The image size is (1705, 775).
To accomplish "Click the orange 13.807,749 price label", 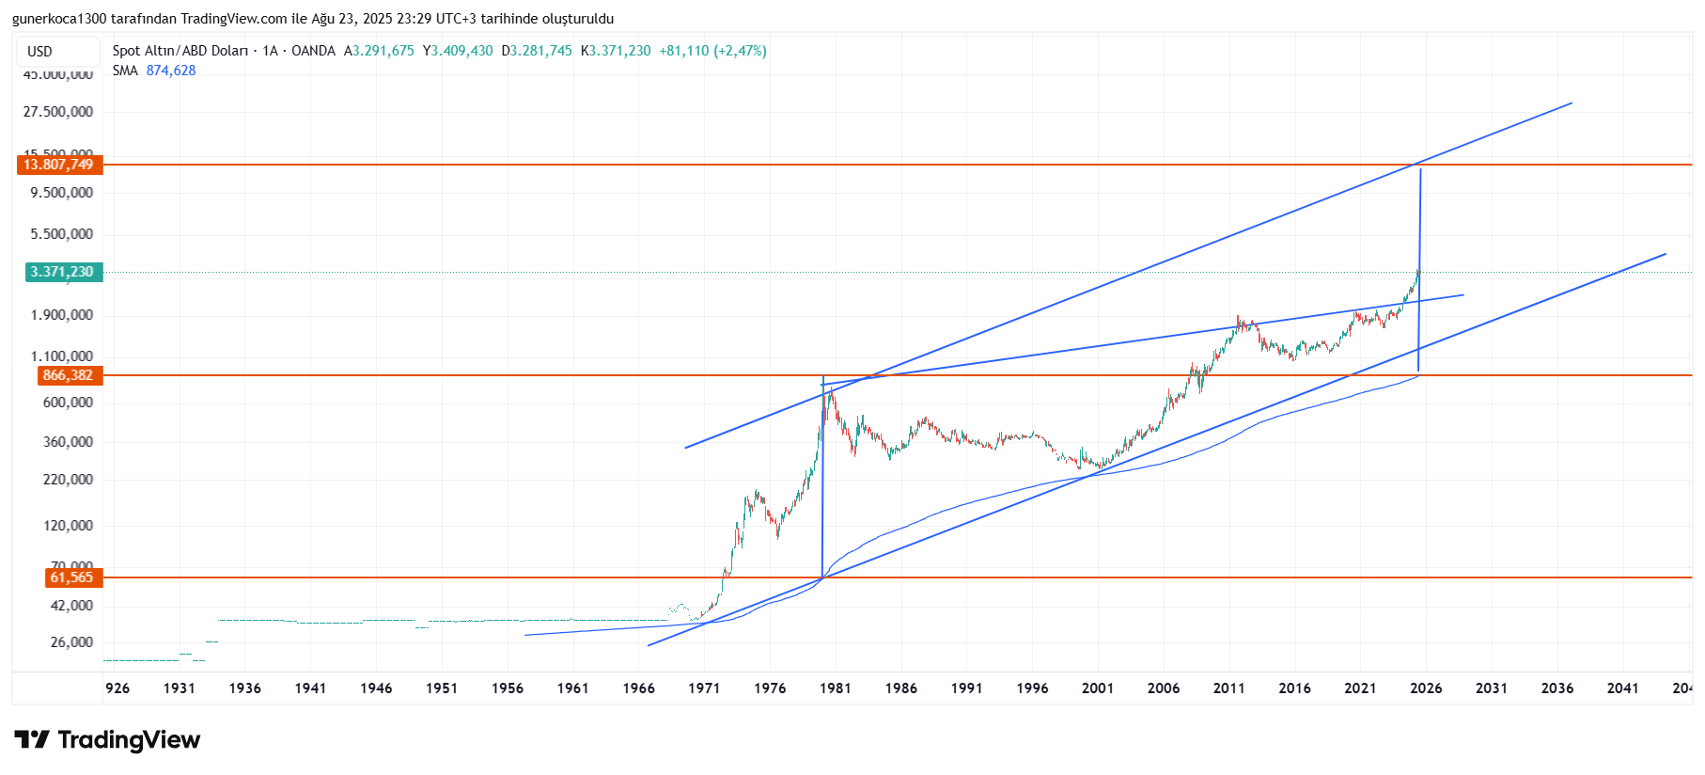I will pos(59,165).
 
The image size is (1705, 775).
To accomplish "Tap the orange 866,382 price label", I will pos(69,375).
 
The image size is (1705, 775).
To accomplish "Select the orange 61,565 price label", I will pos(72,577).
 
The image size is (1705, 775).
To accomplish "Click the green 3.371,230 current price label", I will pos(63,272).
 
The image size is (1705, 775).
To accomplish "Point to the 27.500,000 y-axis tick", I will pos(58,112).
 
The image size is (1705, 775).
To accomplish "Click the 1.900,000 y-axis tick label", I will pos(62,315).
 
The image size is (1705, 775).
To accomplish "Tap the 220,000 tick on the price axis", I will pos(69,480).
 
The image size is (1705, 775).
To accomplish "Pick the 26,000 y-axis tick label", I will pos(72,642).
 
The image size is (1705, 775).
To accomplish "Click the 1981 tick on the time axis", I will pos(835,688).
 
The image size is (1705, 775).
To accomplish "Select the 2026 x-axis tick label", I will pos(1426,688).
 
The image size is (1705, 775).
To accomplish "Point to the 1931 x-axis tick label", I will pos(179,688).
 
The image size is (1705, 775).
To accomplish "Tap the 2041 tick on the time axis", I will pos(1622,688).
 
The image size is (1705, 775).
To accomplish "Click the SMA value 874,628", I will pos(171,71).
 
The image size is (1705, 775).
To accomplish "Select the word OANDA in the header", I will pos(313,51).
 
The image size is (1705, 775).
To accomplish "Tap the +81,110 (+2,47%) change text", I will pos(712,51).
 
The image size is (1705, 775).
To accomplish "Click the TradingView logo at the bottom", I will pos(107,740).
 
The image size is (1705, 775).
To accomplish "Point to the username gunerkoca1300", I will pos(60,19).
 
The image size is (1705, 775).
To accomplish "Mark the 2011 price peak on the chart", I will pos(1238,318).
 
